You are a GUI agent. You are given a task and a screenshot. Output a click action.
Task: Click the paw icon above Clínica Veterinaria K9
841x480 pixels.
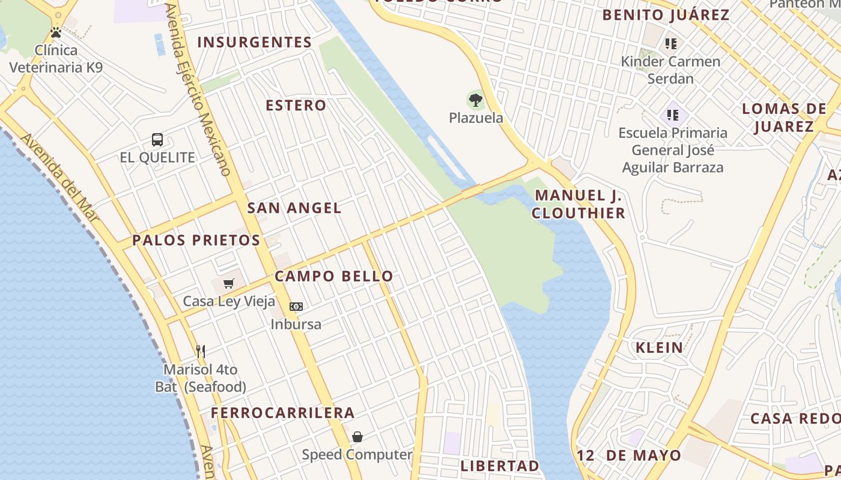coord(56,32)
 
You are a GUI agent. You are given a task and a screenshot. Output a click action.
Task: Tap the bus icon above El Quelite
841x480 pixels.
coord(157,140)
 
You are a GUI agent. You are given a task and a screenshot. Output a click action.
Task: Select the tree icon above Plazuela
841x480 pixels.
coord(476,100)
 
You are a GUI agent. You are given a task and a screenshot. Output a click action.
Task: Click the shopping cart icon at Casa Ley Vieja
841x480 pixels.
coord(228,283)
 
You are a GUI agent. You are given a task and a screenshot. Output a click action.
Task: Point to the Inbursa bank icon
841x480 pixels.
coord(296,307)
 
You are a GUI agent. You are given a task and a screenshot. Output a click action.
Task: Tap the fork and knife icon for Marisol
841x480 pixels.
coord(201,351)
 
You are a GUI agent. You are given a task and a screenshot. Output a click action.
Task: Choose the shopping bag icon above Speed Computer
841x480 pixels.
coord(357,437)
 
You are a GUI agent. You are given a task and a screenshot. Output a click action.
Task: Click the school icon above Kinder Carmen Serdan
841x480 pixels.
coord(671,43)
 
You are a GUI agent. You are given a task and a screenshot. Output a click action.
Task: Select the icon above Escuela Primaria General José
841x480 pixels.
coord(672,114)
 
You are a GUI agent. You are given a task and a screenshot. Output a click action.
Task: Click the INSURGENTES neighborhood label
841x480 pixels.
coord(255,43)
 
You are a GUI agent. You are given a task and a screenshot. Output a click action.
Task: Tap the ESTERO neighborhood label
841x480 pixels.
coord(296,106)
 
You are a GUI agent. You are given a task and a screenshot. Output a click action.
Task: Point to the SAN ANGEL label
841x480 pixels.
coord(294,208)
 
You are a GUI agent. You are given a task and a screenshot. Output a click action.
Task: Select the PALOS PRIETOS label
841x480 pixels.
coord(196,241)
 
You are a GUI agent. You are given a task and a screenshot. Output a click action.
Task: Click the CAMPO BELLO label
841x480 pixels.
coord(334,277)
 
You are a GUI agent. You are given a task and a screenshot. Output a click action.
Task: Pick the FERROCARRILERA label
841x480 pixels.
coord(282,413)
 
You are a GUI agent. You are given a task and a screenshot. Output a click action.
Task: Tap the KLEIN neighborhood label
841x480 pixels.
coord(660,347)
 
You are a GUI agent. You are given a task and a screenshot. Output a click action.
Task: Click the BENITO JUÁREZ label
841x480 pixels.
coord(666,15)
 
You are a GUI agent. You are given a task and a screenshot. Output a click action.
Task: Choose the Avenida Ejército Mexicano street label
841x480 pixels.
coord(199,90)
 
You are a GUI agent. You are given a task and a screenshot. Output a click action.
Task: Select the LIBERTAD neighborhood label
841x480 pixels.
coord(500,466)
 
